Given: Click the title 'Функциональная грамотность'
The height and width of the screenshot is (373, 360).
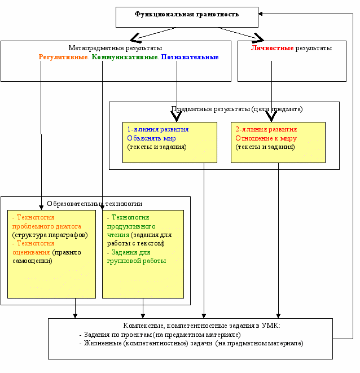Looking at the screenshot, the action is click(x=187, y=14).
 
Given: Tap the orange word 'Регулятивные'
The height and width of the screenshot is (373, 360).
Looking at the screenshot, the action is click(x=63, y=57).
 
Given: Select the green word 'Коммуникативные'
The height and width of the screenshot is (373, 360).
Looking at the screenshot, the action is click(x=125, y=57).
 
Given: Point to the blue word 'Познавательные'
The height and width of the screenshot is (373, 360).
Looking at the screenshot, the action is click(x=190, y=57).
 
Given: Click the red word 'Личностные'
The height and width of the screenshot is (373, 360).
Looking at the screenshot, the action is click(x=272, y=48).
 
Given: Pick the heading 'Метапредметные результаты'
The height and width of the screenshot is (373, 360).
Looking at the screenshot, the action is click(x=116, y=48).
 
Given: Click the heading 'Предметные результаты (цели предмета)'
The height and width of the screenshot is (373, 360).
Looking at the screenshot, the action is click(x=237, y=109).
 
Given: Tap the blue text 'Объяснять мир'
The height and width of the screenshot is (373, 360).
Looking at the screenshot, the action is click(x=151, y=138).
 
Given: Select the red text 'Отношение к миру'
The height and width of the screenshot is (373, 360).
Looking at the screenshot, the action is click(x=266, y=138).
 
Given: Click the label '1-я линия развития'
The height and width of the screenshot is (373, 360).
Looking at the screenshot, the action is click(x=158, y=129).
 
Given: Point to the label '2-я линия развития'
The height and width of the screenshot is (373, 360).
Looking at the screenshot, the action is click(x=266, y=129).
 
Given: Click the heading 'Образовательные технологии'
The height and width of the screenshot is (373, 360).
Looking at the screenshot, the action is click(x=95, y=204).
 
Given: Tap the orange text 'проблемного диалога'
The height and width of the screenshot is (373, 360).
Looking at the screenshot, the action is click(x=47, y=226).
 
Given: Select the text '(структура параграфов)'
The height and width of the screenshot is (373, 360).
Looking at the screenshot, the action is click(x=50, y=235).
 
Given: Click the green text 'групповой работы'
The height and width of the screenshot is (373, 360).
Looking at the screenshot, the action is click(x=137, y=261).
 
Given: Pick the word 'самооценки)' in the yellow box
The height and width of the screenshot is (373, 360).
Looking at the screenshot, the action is click(x=32, y=261).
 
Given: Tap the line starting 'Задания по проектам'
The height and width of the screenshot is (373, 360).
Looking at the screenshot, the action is click(x=160, y=335).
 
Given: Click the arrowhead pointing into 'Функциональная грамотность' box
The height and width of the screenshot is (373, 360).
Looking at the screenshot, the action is click(x=260, y=14).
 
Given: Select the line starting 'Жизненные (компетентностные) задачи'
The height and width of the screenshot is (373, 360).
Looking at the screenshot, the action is click(x=191, y=344).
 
